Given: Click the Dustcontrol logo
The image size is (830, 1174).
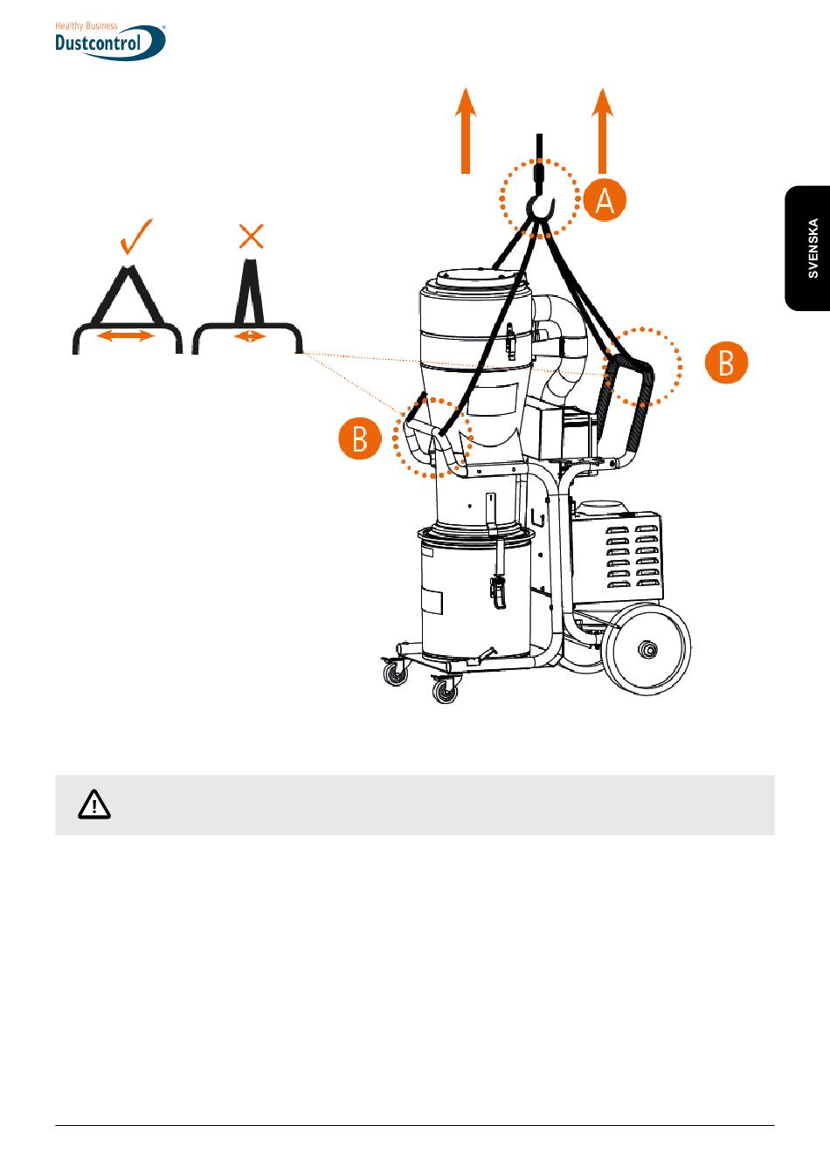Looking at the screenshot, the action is pyautogui.click(x=110, y=41).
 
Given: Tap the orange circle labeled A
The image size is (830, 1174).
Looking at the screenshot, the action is pyautogui.click(x=605, y=200).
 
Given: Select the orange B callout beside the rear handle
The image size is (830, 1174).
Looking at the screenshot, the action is pyautogui.click(x=726, y=363).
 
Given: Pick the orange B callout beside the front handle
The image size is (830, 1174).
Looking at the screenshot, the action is pyautogui.click(x=360, y=439).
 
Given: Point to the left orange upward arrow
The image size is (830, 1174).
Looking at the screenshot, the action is pyautogui.click(x=465, y=130).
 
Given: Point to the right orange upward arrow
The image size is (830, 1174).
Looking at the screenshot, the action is pyautogui.click(x=603, y=130).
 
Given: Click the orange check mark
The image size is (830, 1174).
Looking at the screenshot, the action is pyautogui.click(x=135, y=237).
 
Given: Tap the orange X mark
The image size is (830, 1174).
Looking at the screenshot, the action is pyautogui.click(x=251, y=236).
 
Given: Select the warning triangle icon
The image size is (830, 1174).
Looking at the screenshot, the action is pyautogui.click(x=94, y=805).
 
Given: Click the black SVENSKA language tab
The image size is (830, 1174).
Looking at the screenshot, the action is pyautogui.click(x=807, y=248).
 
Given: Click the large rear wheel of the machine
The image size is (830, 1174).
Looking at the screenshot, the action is pyautogui.click(x=647, y=649).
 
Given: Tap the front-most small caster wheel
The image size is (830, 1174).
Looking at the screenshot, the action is pyautogui.click(x=445, y=691).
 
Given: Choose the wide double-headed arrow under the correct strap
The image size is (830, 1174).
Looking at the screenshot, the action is pyautogui.click(x=126, y=335).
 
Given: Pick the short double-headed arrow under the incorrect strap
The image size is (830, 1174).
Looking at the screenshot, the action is pyautogui.click(x=250, y=336).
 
